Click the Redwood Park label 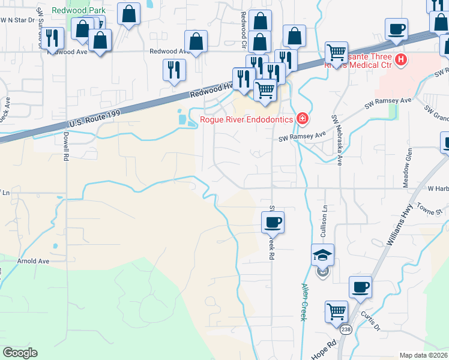point(79,10)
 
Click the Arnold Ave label point(33,261)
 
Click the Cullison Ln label point(324,220)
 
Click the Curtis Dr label point(372,320)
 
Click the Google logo point(20,352)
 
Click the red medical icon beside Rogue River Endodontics point(303,119)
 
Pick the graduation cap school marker point(322,255)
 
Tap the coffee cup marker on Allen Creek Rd point(273,223)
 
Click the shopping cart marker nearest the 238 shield point(337,312)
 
